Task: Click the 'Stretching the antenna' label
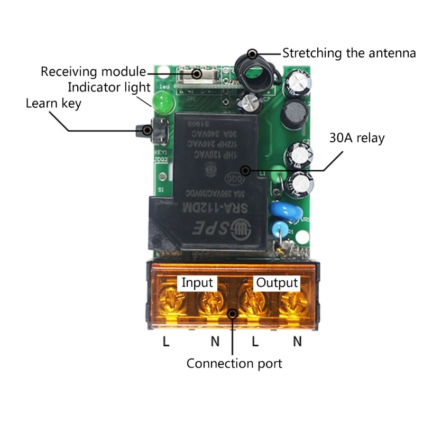pos(349,53)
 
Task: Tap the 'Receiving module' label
pos(93,71)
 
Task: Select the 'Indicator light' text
pos(109,87)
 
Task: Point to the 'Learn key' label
pos(53,103)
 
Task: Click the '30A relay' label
pos(356,139)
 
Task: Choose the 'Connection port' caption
pos(234,364)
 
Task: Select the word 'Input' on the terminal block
pos(197,283)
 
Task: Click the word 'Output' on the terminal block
pos(277,283)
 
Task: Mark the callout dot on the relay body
pos(244,170)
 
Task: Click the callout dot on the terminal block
pos(232,314)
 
